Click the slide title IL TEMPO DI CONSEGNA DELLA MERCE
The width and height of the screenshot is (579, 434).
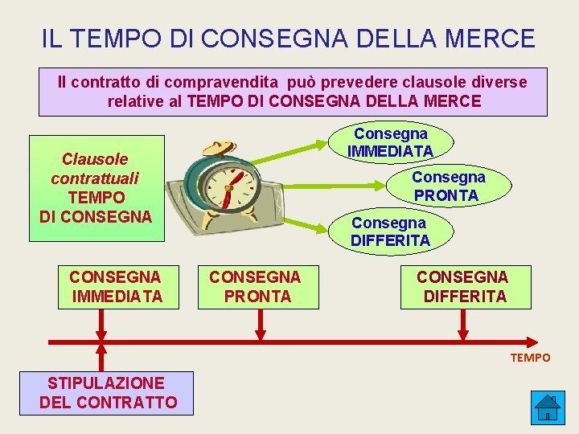tap(288, 38)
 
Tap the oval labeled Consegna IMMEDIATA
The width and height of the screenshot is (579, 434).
tap(391, 142)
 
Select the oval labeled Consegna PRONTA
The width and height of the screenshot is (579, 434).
tap(448, 186)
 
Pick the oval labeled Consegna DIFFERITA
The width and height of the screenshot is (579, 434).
tap(391, 231)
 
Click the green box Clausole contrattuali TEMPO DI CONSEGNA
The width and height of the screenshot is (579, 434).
tap(96, 187)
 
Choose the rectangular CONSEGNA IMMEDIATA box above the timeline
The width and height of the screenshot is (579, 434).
tap(116, 287)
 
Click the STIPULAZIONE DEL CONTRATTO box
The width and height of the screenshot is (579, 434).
tap(109, 392)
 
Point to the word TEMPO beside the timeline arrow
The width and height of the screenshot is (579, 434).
tap(530, 358)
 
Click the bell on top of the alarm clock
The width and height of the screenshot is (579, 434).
tap(216, 147)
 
